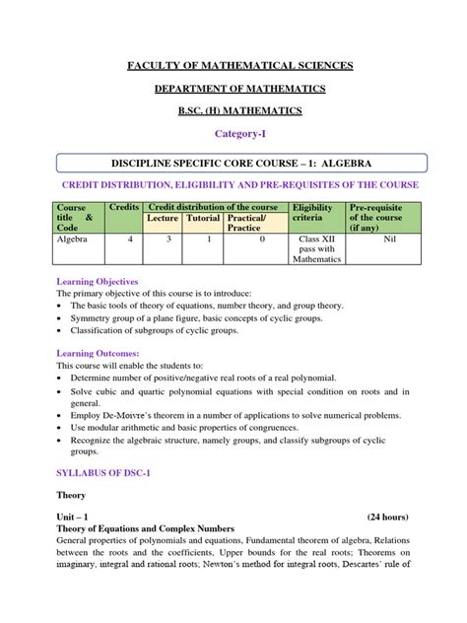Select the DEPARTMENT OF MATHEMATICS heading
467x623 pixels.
pyautogui.click(x=233, y=91)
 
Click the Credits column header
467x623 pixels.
pyautogui.click(x=124, y=207)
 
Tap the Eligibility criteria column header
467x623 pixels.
pyautogui.click(x=314, y=213)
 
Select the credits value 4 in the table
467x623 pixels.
pyautogui.click(x=124, y=239)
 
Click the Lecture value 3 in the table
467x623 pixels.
pyautogui.click(x=167, y=239)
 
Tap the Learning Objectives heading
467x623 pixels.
pyautogui.click(x=100, y=282)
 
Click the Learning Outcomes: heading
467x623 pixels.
pyautogui.click(x=98, y=352)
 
